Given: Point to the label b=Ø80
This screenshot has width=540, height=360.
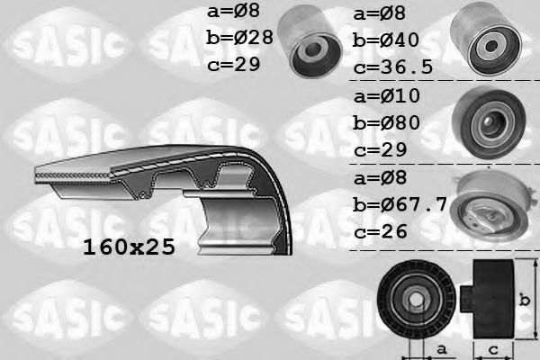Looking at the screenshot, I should pos(389,123).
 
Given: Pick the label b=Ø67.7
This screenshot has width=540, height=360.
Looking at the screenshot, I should pos(400,204).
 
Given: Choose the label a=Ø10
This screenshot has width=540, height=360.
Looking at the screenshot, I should pos(389,95).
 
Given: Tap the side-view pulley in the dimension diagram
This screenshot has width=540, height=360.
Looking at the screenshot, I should pos(489,297).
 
